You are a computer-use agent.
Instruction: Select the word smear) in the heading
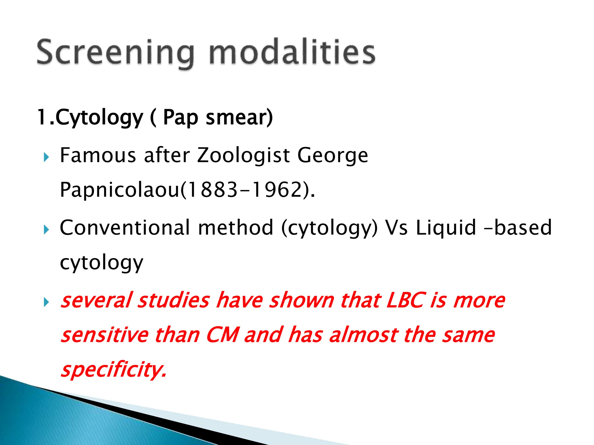[239, 117]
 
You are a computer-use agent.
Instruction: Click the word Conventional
[125, 228]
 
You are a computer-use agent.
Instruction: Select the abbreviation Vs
[396, 228]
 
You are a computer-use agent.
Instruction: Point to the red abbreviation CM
[223, 335]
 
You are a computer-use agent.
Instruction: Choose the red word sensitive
[104, 335]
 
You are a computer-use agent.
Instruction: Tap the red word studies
[173, 300]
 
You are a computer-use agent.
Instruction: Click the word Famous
[98, 155]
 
